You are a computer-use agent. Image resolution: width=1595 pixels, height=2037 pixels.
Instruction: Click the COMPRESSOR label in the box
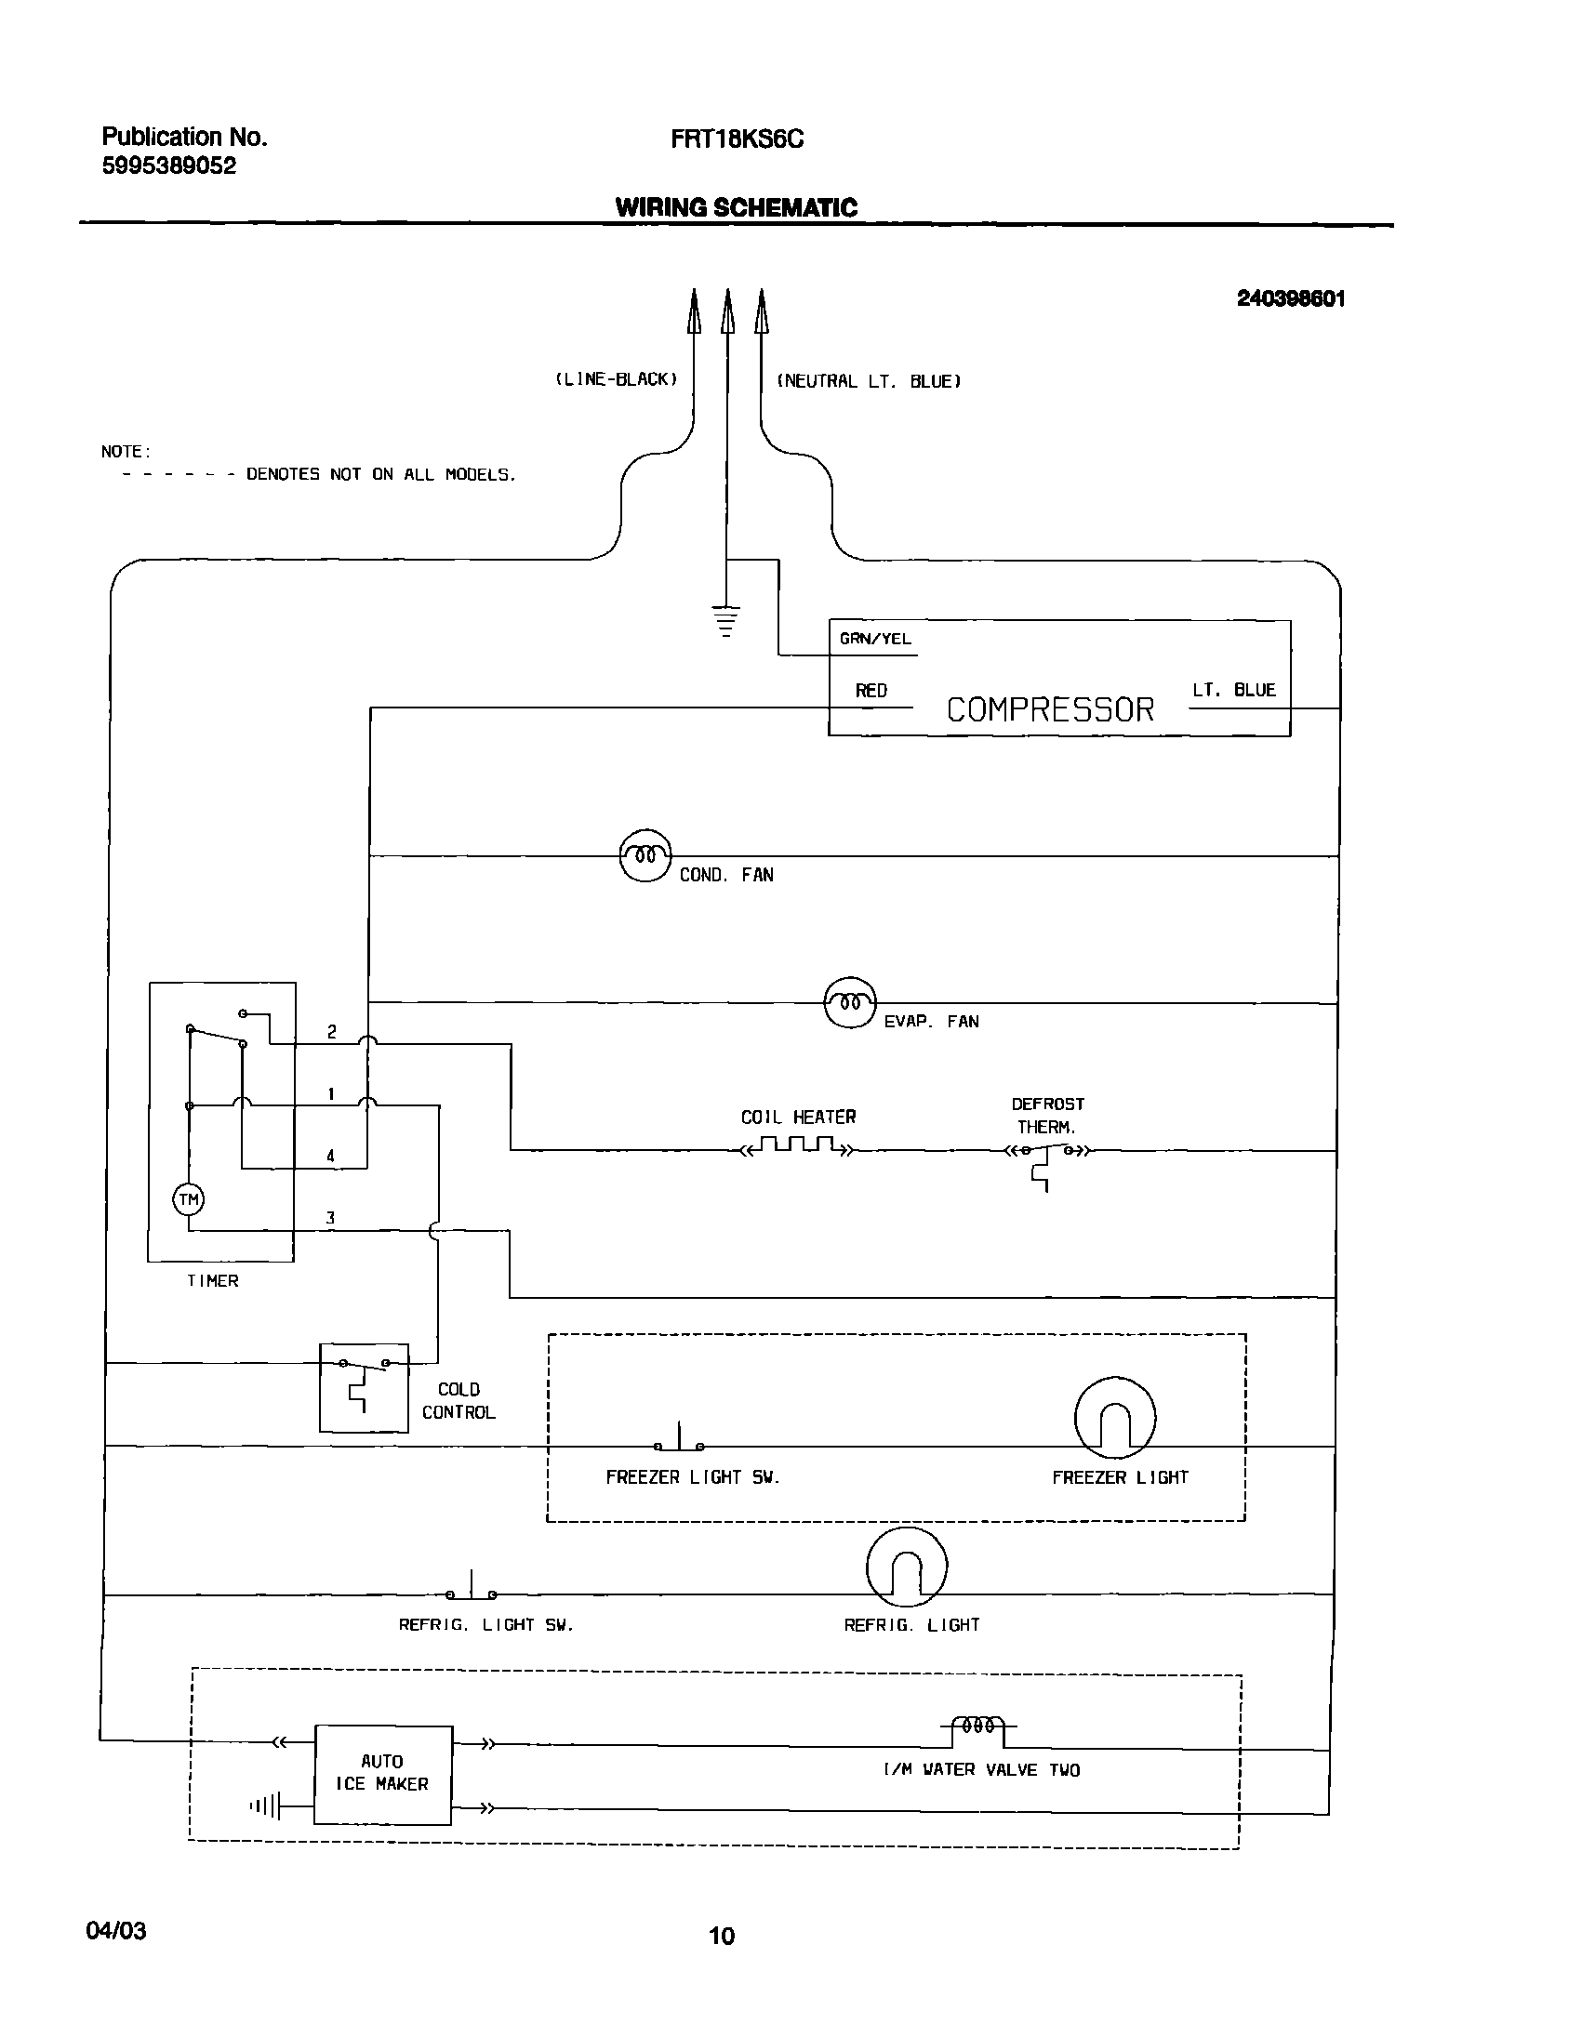pos(1051,709)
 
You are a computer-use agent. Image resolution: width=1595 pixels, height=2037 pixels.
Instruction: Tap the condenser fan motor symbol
pos(645,855)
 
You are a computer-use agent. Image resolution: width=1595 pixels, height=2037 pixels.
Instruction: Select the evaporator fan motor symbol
pos(850,1002)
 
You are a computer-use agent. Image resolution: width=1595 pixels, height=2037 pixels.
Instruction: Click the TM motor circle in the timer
pos(189,1199)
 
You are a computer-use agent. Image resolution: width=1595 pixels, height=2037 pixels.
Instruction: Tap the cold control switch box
pos(365,1387)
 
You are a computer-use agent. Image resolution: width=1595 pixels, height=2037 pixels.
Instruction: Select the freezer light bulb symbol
pos(1115,1418)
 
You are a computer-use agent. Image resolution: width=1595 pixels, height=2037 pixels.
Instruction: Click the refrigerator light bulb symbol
pos(907,1567)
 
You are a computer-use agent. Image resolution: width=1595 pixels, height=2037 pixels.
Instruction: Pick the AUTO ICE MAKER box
pos(383,1773)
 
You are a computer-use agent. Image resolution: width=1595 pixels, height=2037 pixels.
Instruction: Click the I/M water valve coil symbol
pos(977,1726)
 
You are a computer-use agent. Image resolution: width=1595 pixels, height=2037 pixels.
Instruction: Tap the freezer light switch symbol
pos(679,1440)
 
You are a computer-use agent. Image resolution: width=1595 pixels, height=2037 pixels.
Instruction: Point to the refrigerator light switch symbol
pos(472,1588)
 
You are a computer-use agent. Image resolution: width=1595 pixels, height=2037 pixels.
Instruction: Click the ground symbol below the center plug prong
pos(725,620)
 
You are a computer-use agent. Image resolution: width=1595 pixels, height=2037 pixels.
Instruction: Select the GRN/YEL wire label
pos(875,640)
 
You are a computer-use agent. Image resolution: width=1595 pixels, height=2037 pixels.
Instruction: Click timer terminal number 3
pos(329,1218)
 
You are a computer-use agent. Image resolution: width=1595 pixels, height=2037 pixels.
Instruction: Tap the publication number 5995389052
pos(169,166)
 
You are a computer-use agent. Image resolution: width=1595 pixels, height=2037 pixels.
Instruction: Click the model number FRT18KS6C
pos(737,139)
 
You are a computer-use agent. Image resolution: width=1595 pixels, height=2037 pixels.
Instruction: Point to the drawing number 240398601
pos(1291,298)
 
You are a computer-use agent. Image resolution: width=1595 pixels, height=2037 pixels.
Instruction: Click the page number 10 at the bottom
pos(722,1936)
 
